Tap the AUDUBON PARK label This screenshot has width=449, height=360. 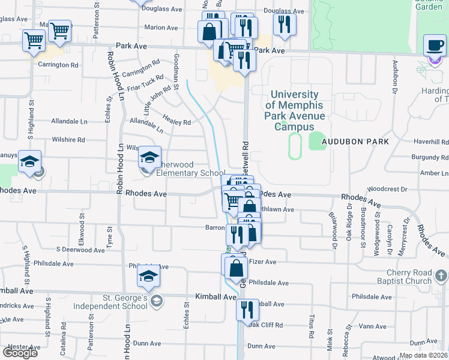pos(355,142)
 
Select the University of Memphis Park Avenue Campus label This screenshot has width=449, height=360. pos(295,110)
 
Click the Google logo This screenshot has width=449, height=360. pos(20,352)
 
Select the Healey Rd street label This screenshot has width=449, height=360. pos(178,122)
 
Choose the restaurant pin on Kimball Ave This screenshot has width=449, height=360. pos(247,310)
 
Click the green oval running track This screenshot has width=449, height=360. pos(294,146)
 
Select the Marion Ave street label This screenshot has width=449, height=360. pos(161,28)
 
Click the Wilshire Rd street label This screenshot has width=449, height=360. pos(68,139)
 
